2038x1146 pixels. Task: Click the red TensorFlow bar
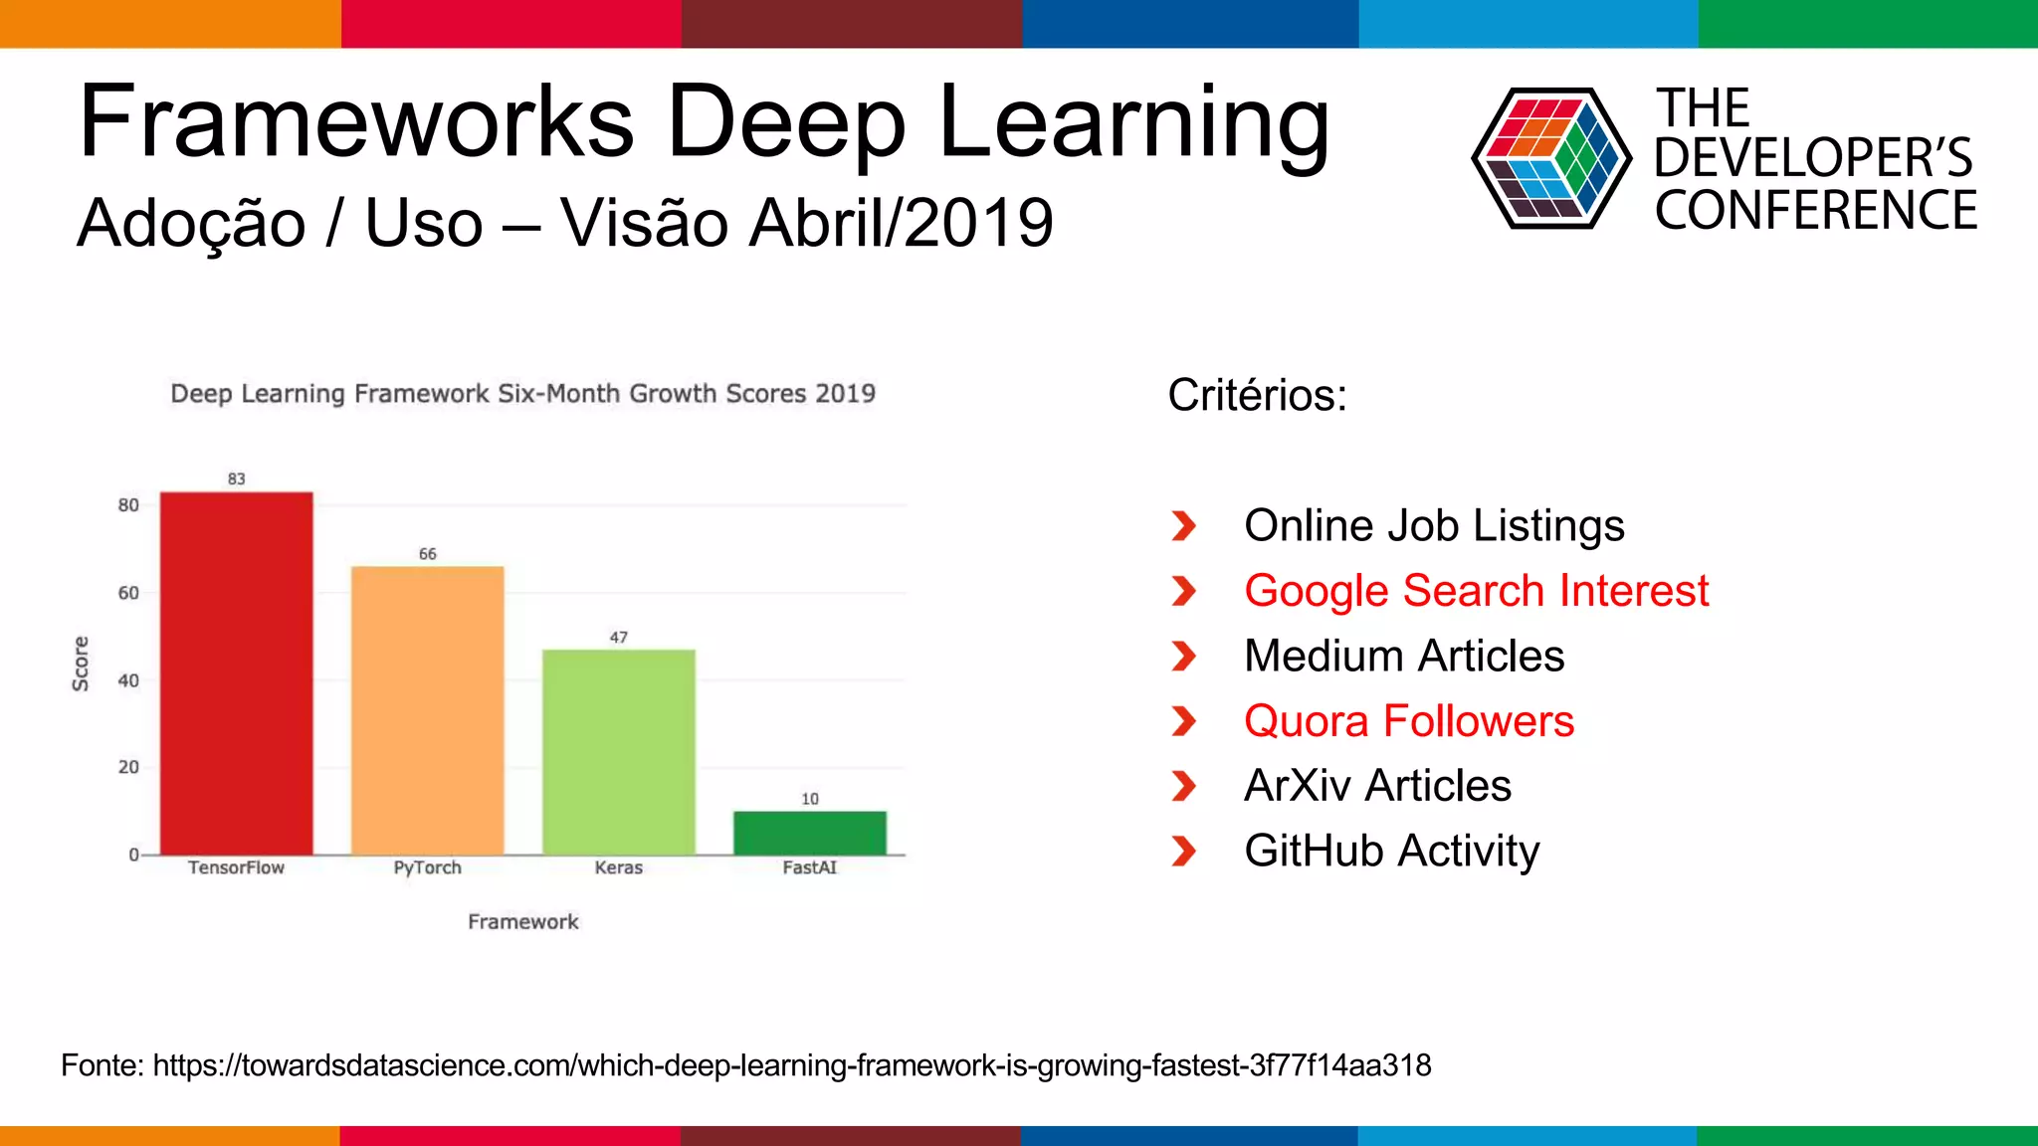[x=237, y=673]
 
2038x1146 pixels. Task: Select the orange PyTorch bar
[x=428, y=710]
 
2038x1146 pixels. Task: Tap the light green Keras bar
[x=619, y=752]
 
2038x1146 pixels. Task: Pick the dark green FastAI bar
[x=810, y=833]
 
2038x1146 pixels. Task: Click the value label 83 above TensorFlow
[x=236, y=478]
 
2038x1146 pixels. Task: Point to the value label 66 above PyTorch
[x=428, y=554]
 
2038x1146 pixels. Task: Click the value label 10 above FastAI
[x=810, y=799]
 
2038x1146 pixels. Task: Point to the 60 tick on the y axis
[x=128, y=593]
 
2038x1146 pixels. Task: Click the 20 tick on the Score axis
[x=128, y=767]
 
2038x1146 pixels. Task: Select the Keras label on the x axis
[x=619, y=867]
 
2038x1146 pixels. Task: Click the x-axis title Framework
[x=523, y=922]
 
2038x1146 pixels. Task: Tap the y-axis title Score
[x=81, y=664]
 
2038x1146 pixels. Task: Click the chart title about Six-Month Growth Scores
[x=523, y=394]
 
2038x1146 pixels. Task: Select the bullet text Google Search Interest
[x=1476, y=591]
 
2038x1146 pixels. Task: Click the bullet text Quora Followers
[x=1409, y=721]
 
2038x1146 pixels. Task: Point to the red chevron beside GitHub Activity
[x=1183, y=852]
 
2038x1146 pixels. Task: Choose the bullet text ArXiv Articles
[x=1377, y=786]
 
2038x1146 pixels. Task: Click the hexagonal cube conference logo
[x=1550, y=158]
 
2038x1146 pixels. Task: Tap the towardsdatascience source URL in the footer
[x=791, y=1065]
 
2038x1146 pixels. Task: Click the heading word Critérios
[x=1257, y=395]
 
